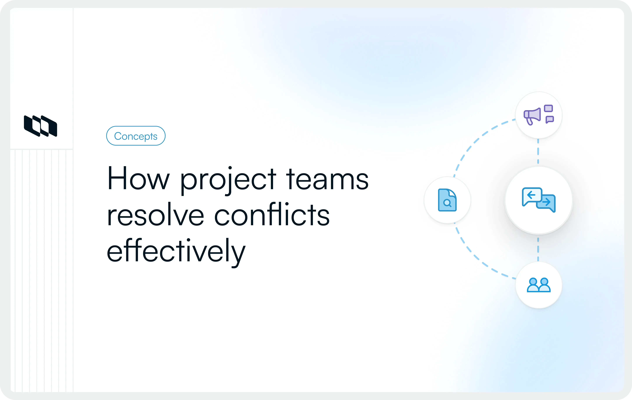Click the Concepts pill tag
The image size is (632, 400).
(x=136, y=136)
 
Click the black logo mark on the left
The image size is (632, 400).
(x=40, y=126)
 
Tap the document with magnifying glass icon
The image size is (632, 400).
(x=447, y=200)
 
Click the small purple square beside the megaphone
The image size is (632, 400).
(x=549, y=108)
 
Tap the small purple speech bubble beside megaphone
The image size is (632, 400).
(x=550, y=119)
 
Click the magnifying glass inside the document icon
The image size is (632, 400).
(x=447, y=203)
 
